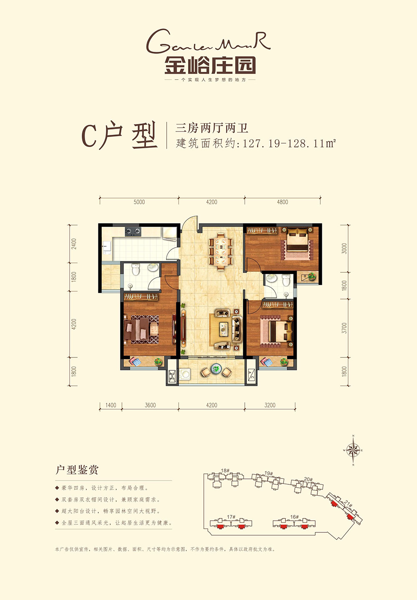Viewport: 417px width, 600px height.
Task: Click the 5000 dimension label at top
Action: (x=139, y=202)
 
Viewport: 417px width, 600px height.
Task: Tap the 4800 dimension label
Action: (x=282, y=202)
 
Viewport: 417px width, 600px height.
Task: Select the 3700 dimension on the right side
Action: (x=344, y=328)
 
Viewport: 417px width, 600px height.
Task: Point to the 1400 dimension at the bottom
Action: (x=111, y=405)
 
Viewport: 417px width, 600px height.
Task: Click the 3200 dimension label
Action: (x=270, y=405)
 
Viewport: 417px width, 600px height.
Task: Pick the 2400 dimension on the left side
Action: (x=74, y=244)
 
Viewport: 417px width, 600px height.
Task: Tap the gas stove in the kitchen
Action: (x=133, y=230)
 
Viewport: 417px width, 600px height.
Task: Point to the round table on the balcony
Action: (x=216, y=369)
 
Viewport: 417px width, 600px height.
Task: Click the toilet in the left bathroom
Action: (x=136, y=271)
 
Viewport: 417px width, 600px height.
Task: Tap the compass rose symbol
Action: (x=353, y=450)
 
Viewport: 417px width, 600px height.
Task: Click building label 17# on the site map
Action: (x=231, y=517)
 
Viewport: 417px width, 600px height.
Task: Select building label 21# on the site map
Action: (x=349, y=505)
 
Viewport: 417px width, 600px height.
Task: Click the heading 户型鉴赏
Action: (x=77, y=470)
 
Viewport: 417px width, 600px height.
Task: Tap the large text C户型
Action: (x=120, y=136)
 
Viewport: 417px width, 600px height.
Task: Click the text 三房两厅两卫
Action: (x=212, y=128)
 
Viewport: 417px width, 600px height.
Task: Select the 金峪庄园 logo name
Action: (x=210, y=66)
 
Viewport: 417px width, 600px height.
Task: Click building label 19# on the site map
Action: (x=269, y=473)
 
